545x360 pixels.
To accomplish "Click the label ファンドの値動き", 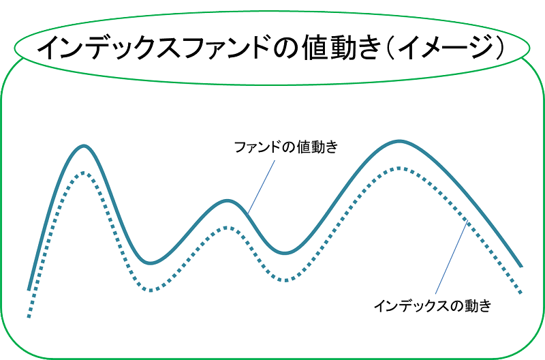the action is pos(286,147).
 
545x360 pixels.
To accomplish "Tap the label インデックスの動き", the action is pos(433,305).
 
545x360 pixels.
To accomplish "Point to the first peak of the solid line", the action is pos(84,146).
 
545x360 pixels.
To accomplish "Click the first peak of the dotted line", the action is pos(83,172).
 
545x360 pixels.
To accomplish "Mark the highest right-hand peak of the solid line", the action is pos(399,141).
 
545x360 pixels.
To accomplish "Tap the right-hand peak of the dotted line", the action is pos(399,168).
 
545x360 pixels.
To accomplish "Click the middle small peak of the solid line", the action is pos(228,200).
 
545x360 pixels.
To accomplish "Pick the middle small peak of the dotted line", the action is pos(226,228).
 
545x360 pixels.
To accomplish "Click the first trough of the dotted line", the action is pos(151,290).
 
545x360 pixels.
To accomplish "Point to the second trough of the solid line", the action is pos(285,253).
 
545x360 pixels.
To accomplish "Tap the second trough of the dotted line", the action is pos(285,280).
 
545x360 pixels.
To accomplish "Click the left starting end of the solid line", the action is pos(29,289).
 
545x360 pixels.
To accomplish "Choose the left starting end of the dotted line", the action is pos(29,316).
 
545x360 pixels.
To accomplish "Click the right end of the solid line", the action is pos(521,267).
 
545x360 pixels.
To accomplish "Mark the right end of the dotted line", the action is pos(520,293).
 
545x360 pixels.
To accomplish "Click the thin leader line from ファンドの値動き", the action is pos(262,187).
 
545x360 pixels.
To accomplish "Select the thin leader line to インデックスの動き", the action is pos(452,257).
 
